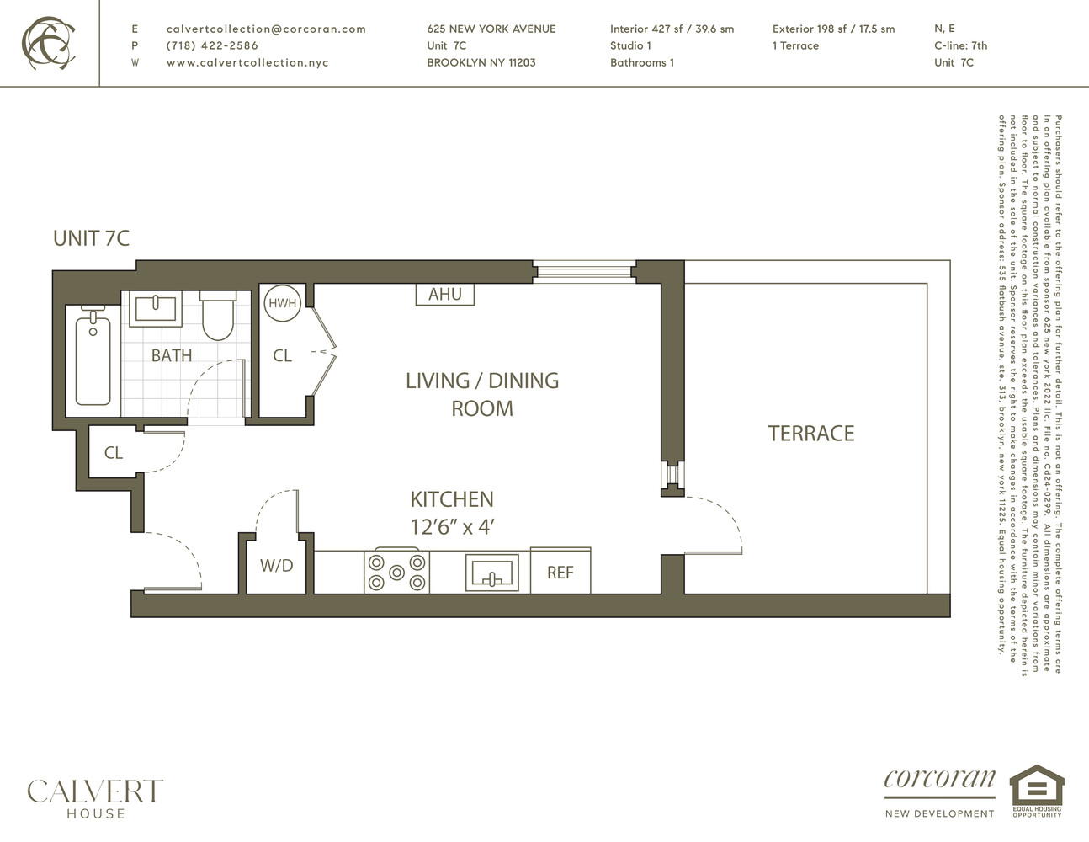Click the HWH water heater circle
282,303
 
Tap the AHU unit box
445,294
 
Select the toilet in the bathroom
217,316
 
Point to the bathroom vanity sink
155,309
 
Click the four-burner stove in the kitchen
396,572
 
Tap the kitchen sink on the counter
492,573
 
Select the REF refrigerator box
560,572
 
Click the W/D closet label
276,566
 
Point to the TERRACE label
810,434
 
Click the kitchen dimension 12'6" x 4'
452,528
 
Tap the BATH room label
172,355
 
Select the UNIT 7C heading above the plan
91,238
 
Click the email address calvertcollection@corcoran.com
266,29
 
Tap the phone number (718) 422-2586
212,45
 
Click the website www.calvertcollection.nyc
247,62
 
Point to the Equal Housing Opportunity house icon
1037,786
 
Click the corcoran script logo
939,780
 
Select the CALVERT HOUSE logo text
95,798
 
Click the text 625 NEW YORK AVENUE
491,29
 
